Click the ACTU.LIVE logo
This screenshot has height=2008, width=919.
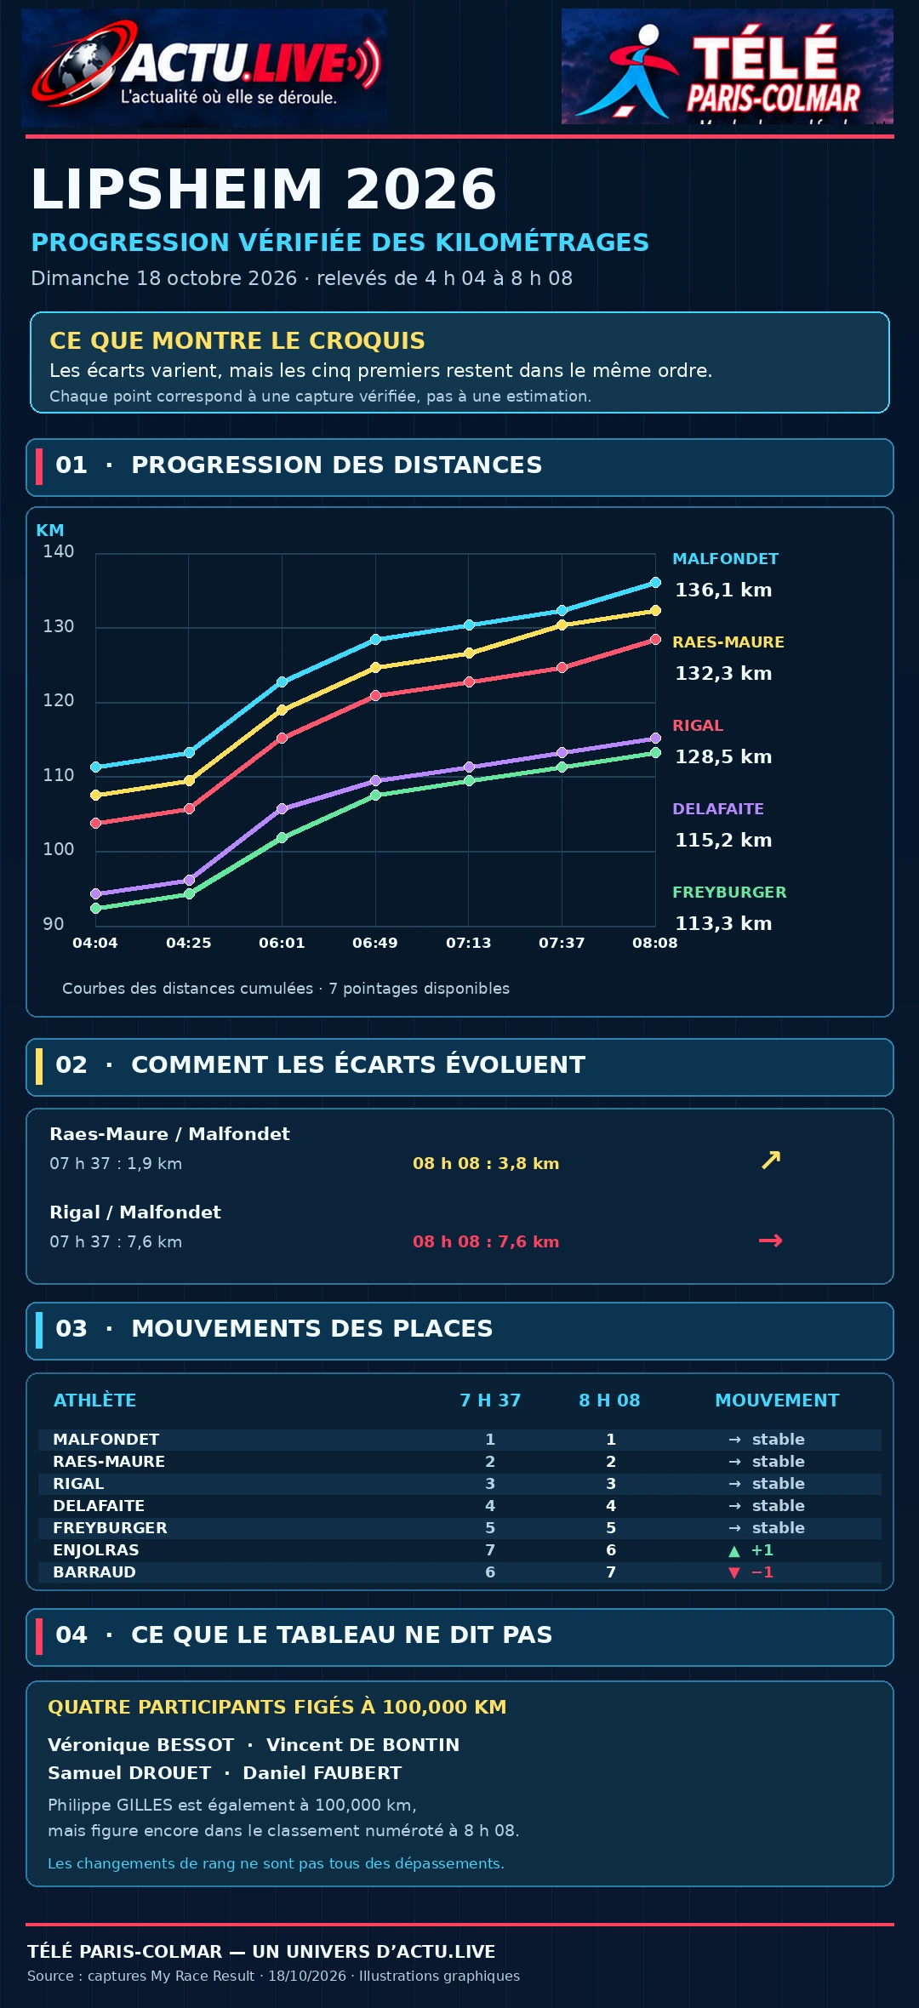tap(204, 68)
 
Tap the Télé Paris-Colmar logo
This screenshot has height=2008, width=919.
tap(728, 66)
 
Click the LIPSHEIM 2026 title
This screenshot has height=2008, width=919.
tap(264, 188)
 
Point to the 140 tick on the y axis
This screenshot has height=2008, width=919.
tap(59, 551)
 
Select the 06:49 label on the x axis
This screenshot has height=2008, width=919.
tap(375, 943)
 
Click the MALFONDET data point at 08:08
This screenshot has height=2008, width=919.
tap(655, 583)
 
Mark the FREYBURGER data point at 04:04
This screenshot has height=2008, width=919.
tap(95, 909)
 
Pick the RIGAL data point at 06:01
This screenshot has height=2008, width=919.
tap(282, 738)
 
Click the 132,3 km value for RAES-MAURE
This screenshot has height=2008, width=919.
tap(723, 673)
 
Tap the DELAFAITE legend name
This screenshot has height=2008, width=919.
tap(718, 809)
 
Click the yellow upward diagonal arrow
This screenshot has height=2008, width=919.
tap(771, 1160)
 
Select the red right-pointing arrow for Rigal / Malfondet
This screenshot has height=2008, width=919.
tap(770, 1241)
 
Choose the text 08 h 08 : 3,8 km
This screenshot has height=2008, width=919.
tap(486, 1163)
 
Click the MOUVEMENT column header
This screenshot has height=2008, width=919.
tap(777, 1400)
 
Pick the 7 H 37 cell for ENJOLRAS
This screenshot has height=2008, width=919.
tap(490, 1550)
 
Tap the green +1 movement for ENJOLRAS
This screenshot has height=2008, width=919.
tap(751, 1550)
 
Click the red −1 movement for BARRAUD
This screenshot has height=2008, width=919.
tap(751, 1572)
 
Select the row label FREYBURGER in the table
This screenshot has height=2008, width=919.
tap(110, 1528)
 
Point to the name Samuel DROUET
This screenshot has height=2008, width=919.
tap(129, 1773)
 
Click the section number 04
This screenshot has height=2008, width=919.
tap(71, 1634)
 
